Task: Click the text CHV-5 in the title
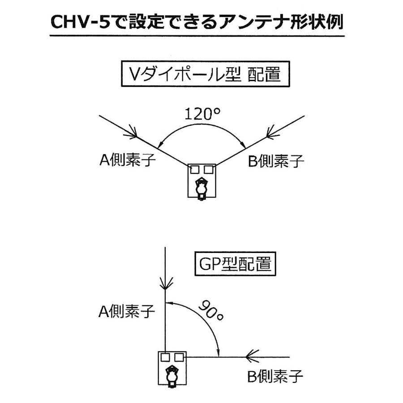tap(80, 22)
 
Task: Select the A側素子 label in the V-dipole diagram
tap(127, 160)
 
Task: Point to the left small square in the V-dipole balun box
tap(195, 169)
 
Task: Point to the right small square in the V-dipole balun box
tap(208, 169)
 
